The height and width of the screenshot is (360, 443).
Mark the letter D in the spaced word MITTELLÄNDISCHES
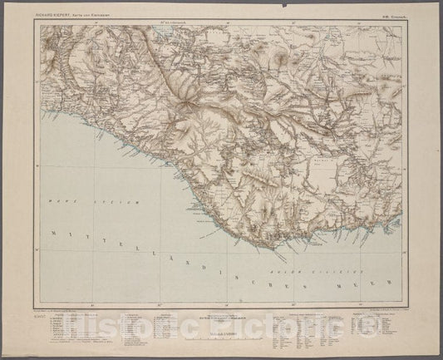pos(184,258)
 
